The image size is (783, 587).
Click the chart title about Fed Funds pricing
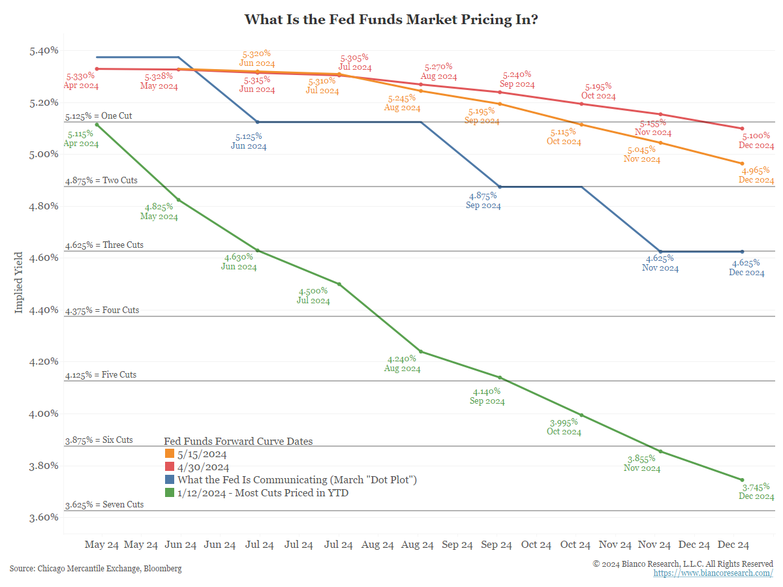391,19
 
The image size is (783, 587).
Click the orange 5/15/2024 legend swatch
169,454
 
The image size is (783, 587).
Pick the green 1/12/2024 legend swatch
169,493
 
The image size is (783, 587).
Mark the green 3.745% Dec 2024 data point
742,480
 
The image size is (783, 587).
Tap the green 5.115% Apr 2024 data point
97,125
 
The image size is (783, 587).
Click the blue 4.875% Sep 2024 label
484,200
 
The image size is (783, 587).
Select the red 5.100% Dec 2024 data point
742,128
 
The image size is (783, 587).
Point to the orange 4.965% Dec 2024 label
756,175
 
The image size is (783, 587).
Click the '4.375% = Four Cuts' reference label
102,310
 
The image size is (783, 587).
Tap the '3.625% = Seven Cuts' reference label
104,505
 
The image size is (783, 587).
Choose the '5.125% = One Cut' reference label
99,116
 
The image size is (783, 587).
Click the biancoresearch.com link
713,573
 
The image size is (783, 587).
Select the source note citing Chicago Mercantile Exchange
95,569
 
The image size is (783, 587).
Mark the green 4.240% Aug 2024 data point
421,352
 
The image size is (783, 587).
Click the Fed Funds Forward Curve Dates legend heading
238,442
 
